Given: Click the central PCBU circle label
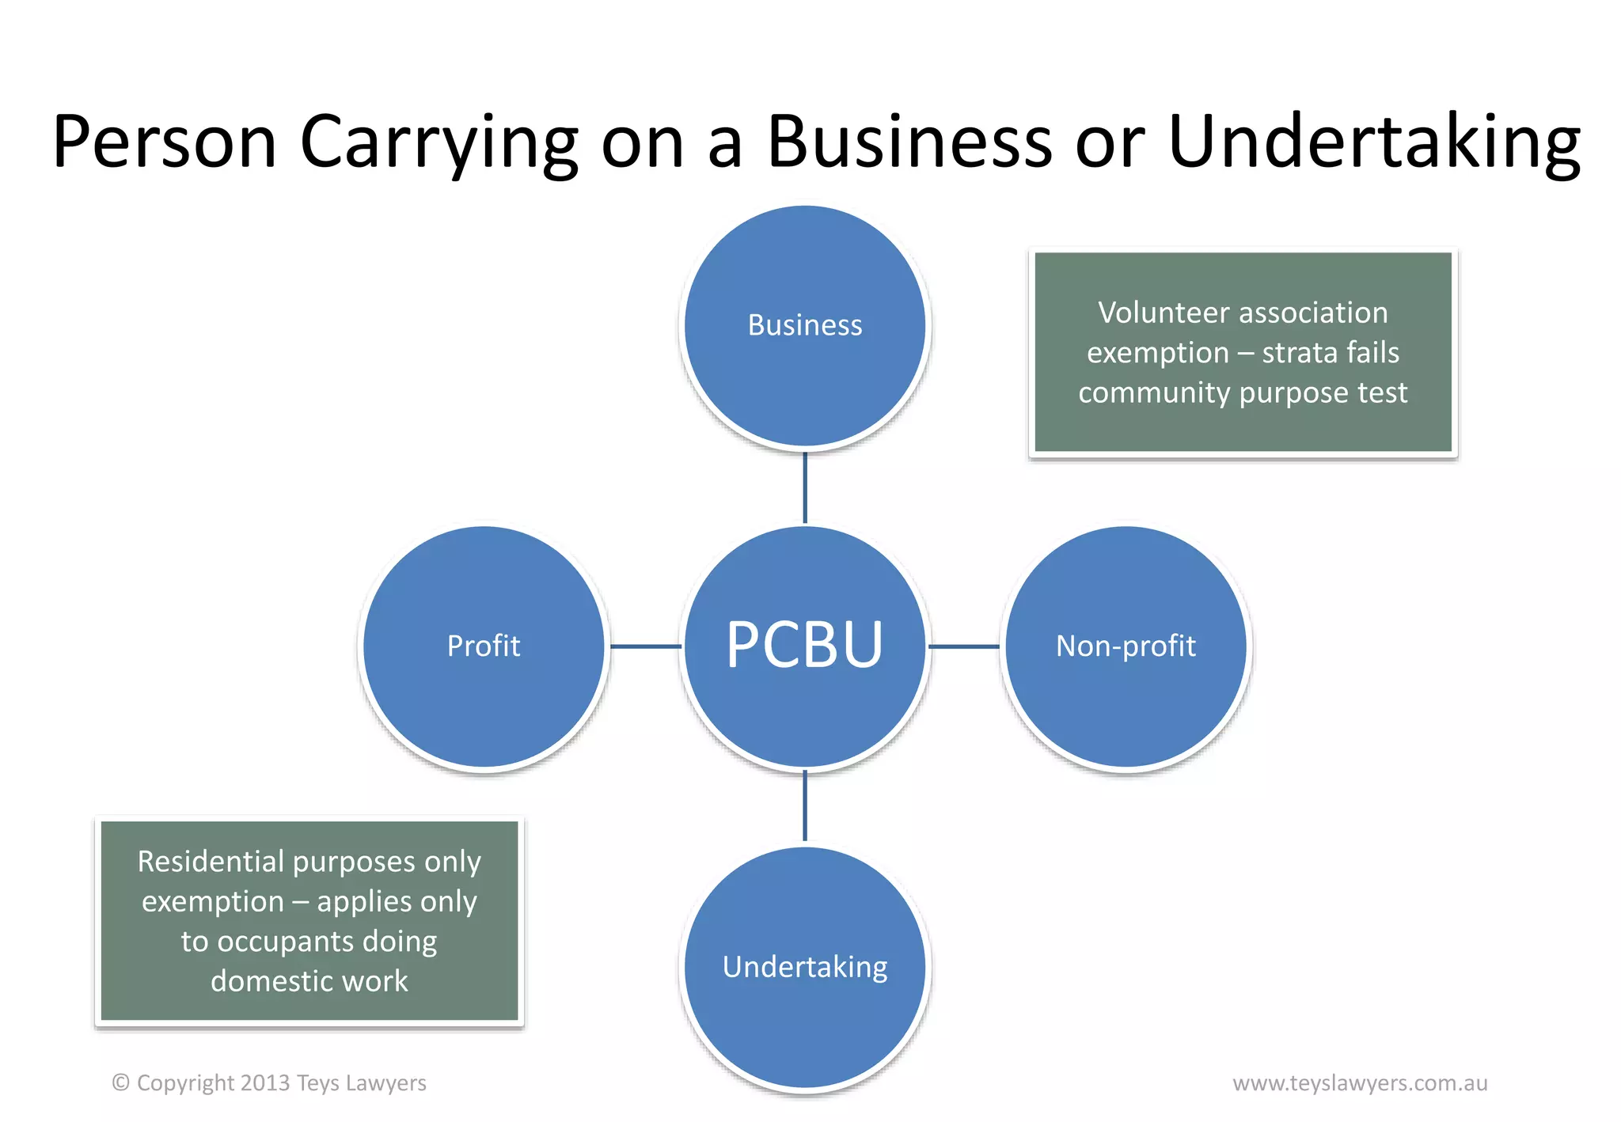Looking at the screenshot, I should pos(804,645).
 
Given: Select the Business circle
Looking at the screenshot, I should pos(805,325).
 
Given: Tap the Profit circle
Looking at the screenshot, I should pos(484,646).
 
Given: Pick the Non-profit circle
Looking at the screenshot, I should pos(1126,646).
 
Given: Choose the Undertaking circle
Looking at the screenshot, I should pos(805,967).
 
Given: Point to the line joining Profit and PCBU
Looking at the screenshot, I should pos(644,646).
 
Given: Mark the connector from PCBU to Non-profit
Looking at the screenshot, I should pos(964,646).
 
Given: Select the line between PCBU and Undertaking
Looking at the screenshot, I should pos(805,805).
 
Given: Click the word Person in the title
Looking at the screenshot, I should pos(165,142).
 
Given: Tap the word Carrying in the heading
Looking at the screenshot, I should pos(439,142).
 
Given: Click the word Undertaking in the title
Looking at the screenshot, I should pos(1373,142).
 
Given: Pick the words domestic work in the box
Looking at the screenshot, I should pos(309,981).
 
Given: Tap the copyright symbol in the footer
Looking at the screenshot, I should pos(120,1082).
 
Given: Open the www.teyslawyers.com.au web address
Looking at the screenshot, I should pos(1360,1082).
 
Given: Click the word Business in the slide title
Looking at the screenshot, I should pos(909,142).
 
